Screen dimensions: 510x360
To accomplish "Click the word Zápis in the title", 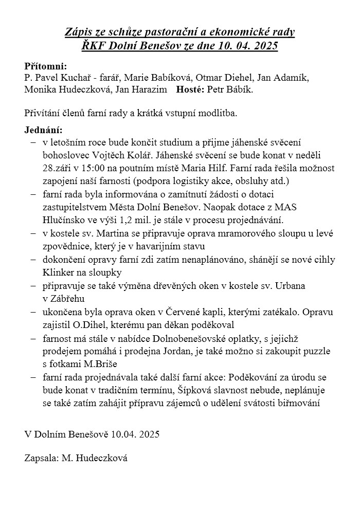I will point(78,32).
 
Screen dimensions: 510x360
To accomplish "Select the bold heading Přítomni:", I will point(46,66).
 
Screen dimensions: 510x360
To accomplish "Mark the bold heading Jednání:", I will point(44,130).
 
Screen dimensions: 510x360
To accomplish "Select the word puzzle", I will point(315,351).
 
